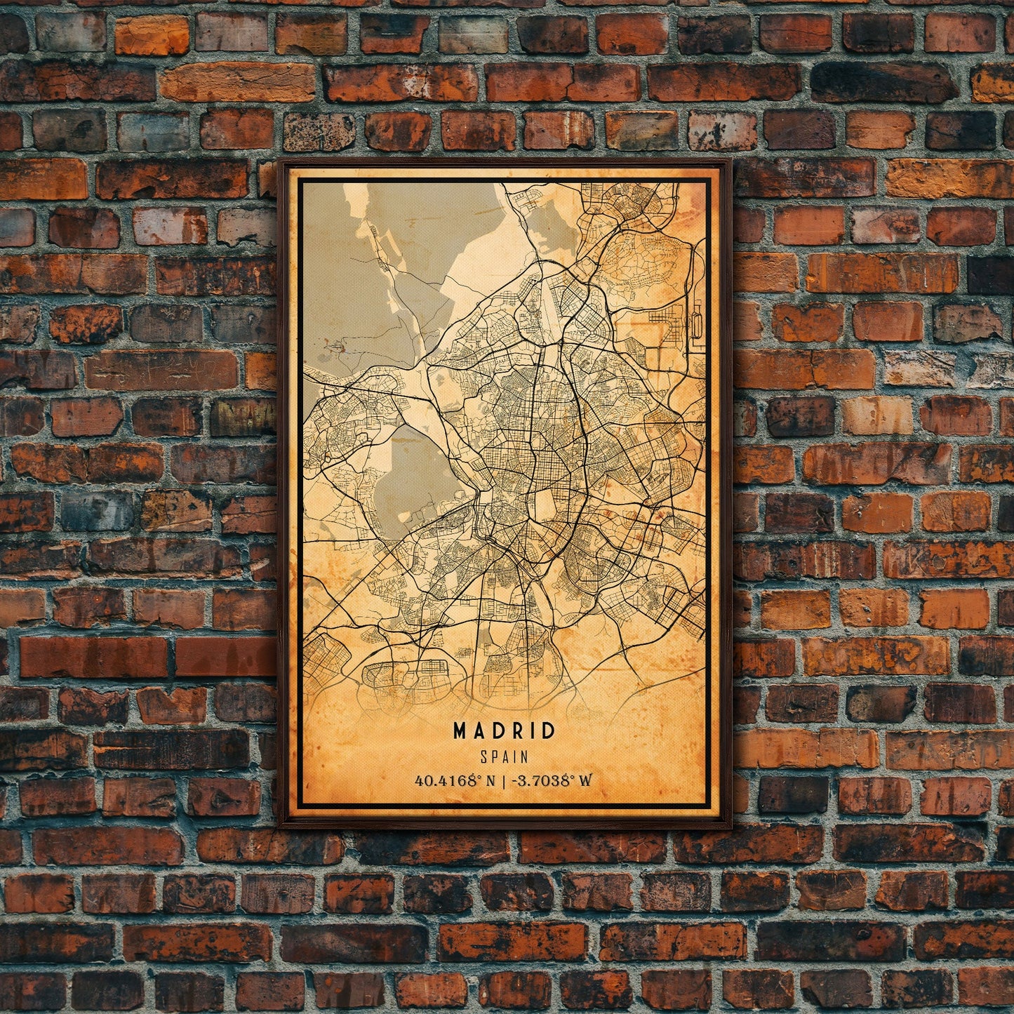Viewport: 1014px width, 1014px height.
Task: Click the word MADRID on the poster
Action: coord(505,731)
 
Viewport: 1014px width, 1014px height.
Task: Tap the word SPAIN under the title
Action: coord(505,757)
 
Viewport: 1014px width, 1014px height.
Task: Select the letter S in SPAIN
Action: coord(483,757)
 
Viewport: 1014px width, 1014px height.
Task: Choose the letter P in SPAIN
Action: coord(494,757)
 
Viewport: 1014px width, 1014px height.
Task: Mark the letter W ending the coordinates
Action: coord(586,780)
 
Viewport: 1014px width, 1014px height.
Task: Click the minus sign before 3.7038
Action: coord(518,780)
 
